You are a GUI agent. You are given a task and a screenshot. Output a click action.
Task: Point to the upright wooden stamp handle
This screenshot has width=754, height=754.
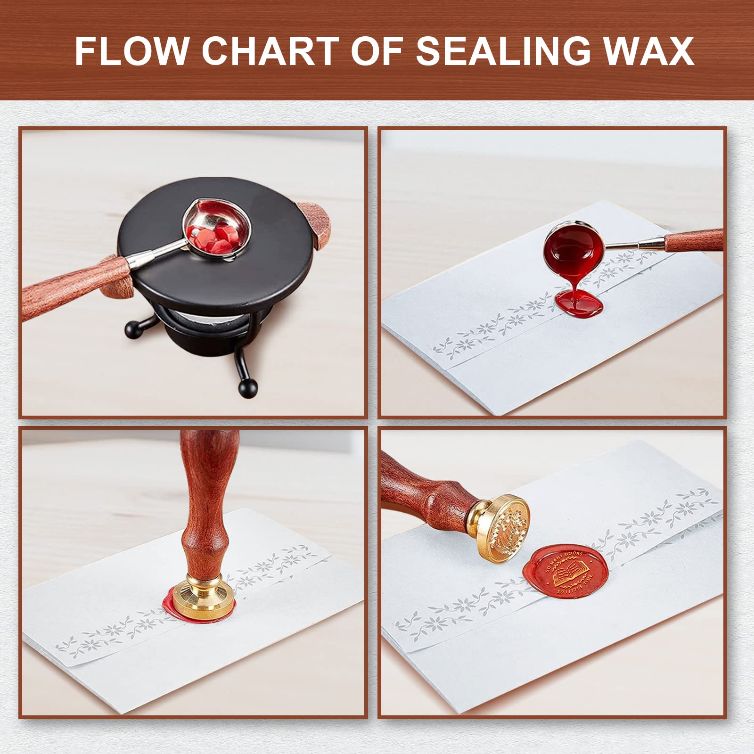point(203,500)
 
